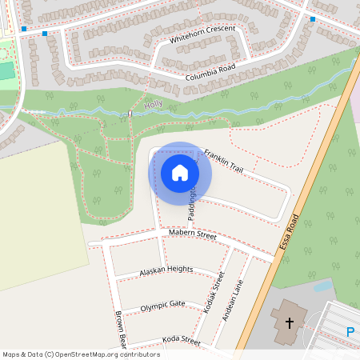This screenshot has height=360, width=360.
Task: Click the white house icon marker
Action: [x=180, y=172]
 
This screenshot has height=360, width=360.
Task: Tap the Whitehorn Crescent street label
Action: [x=202, y=34]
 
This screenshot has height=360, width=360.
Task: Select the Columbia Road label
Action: [x=210, y=73]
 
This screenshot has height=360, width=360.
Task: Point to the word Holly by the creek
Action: [x=153, y=105]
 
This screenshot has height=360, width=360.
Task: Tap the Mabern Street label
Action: [x=192, y=235]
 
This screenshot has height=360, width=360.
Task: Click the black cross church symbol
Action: [x=289, y=323]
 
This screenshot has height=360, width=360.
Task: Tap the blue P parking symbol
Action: [x=350, y=332]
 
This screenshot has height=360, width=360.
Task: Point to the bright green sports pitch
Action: [x=7, y=71]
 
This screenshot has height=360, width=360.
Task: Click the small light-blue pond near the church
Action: [x=323, y=286]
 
